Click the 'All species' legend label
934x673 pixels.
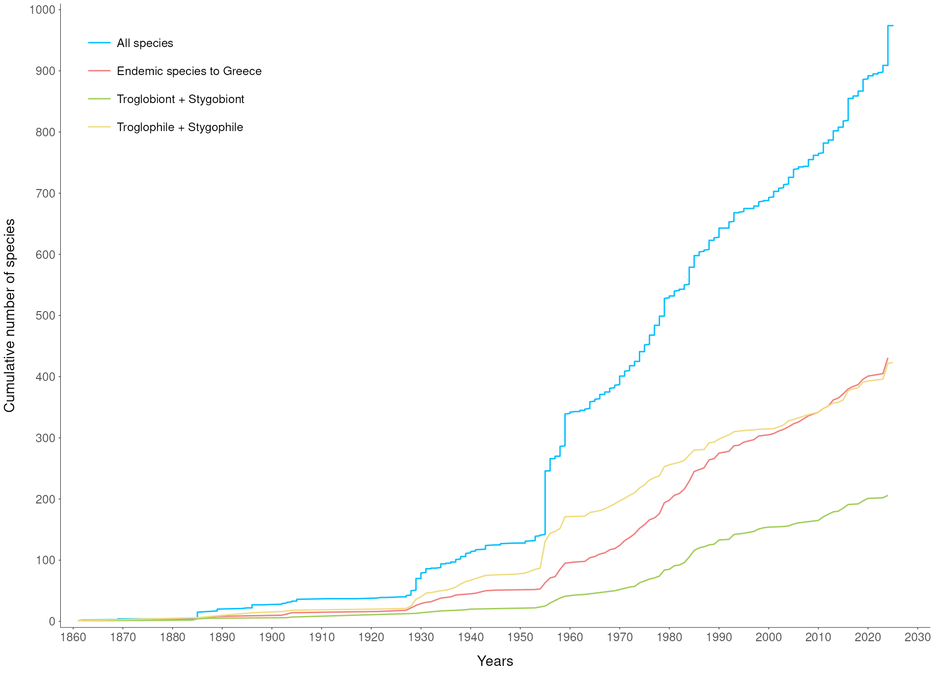click(x=145, y=43)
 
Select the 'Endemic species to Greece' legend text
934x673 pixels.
click(x=189, y=71)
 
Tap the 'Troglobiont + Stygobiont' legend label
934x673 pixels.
click(x=180, y=99)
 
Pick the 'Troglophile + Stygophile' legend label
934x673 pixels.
click(x=180, y=127)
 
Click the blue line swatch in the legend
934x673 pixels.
click(x=99, y=43)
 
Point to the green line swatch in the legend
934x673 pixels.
click(x=99, y=99)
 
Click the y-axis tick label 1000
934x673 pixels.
click(x=42, y=9)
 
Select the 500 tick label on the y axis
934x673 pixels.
click(x=45, y=315)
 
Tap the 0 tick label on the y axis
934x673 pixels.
click(x=52, y=621)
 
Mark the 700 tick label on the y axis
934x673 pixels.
click(x=45, y=193)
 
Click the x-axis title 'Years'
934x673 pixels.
click(x=495, y=661)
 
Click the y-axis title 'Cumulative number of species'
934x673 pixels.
click(x=10, y=315)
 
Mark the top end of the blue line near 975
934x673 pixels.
click(x=888, y=26)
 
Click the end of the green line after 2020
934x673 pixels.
click(x=887, y=495)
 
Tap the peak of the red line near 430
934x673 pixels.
click(x=887, y=358)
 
